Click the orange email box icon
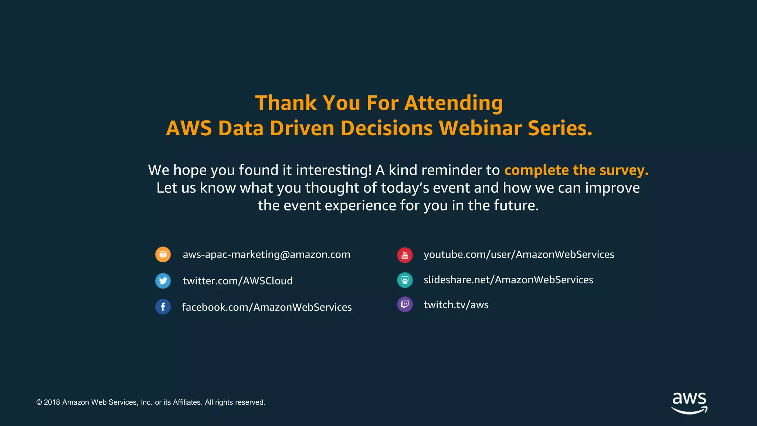pyautogui.click(x=163, y=254)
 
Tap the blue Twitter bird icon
pyautogui.click(x=163, y=281)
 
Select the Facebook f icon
pyautogui.click(x=163, y=307)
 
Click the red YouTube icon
pyautogui.click(x=405, y=255)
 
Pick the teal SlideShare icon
pyautogui.click(x=405, y=280)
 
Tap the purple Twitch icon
pyautogui.click(x=405, y=304)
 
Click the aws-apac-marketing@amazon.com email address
pyautogui.click(x=266, y=254)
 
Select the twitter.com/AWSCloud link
pyautogui.click(x=238, y=281)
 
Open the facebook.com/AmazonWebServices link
pyautogui.click(x=267, y=307)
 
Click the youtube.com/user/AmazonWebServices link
pyautogui.click(x=519, y=254)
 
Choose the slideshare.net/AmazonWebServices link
pyautogui.click(x=508, y=280)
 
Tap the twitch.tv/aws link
pyautogui.click(x=456, y=305)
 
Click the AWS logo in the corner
pyautogui.click(x=689, y=403)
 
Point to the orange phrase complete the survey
pyautogui.click(x=576, y=170)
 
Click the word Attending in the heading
pyautogui.click(x=454, y=103)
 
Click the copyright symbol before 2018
pyautogui.click(x=39, y=402)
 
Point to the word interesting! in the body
pyautogui.click(x=333, y=170)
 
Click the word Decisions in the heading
pyautogui.click(x=386, y=128)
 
